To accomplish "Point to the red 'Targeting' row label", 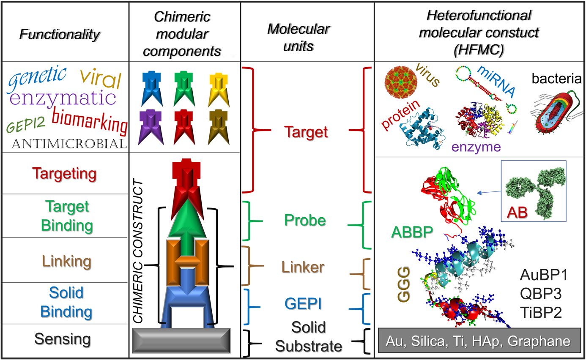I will point(65,173).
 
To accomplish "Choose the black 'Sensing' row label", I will point(62,338).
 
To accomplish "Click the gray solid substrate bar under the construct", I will point(182,341).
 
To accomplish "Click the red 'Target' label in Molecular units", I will point(306,133).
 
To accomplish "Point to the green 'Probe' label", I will point(305,220).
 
